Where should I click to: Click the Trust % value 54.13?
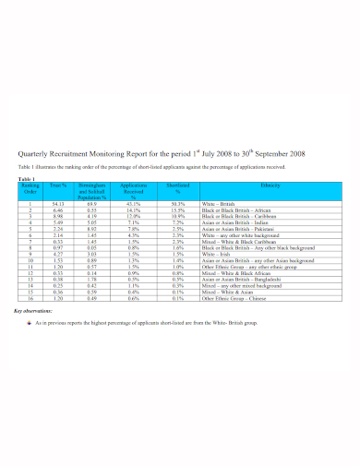[58, 204]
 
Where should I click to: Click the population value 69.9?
[91, 204]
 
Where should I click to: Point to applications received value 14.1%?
[133, 210]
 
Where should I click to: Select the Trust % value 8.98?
[58, 216]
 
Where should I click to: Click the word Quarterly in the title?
[37, 154]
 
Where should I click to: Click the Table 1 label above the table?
[28, 177]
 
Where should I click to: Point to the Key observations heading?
[35, 312]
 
